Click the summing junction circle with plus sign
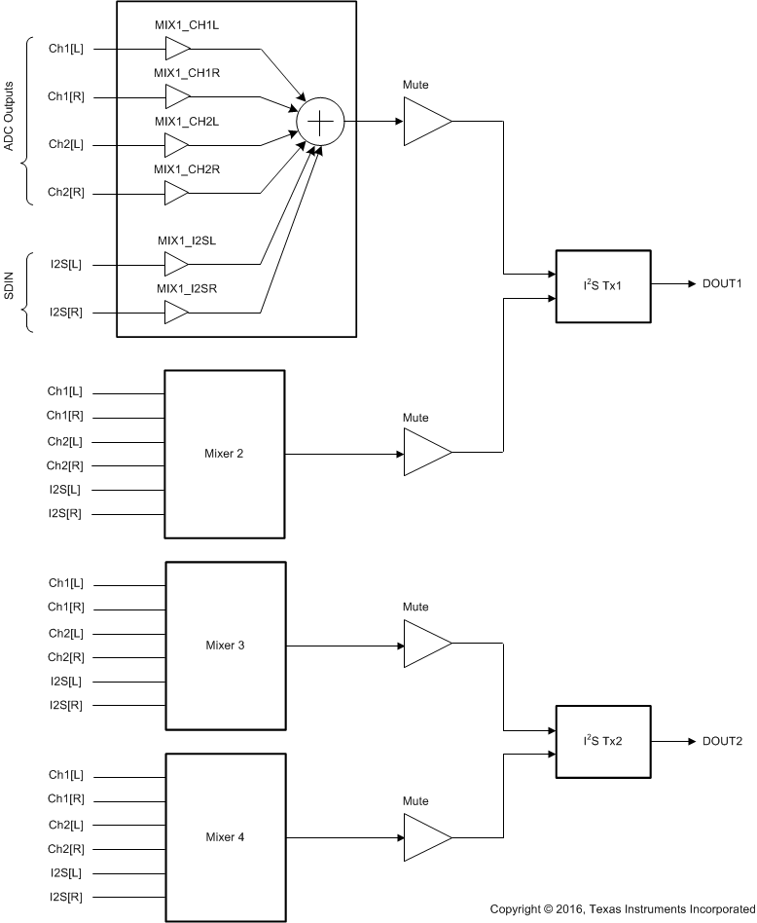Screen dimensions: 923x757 (x=321, y=121)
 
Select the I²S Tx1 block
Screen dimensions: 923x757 (x=602, y=285)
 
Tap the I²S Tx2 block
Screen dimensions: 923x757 (x=602, y=741)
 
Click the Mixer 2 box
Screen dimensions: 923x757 (x=225, y=454)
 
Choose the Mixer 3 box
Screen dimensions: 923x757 (x=225, y=646)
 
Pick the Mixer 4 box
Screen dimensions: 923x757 (x=225, y=837)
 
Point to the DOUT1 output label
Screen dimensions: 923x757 (x=722, y=285)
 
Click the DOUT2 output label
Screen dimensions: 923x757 (x=722, y=741)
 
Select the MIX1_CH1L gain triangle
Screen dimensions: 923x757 (x=177, y=48)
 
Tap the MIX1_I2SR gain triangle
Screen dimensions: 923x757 (x=177, y=313)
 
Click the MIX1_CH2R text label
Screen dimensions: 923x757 (x=186, y=169)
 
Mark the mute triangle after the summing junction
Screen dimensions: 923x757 (x=427, y=122)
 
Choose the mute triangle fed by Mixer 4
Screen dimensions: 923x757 (x=427, y=837)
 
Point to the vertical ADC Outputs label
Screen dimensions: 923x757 (x=9, y=121)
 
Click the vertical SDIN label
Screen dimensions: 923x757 (x=9, y=289)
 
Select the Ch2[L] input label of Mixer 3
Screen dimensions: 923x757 (x=65, y=633)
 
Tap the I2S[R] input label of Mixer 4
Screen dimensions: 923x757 (x=65, y=897)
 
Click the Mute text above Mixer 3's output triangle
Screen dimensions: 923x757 (x=415, y=608)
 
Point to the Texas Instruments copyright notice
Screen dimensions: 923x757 (x=622, y=909)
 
